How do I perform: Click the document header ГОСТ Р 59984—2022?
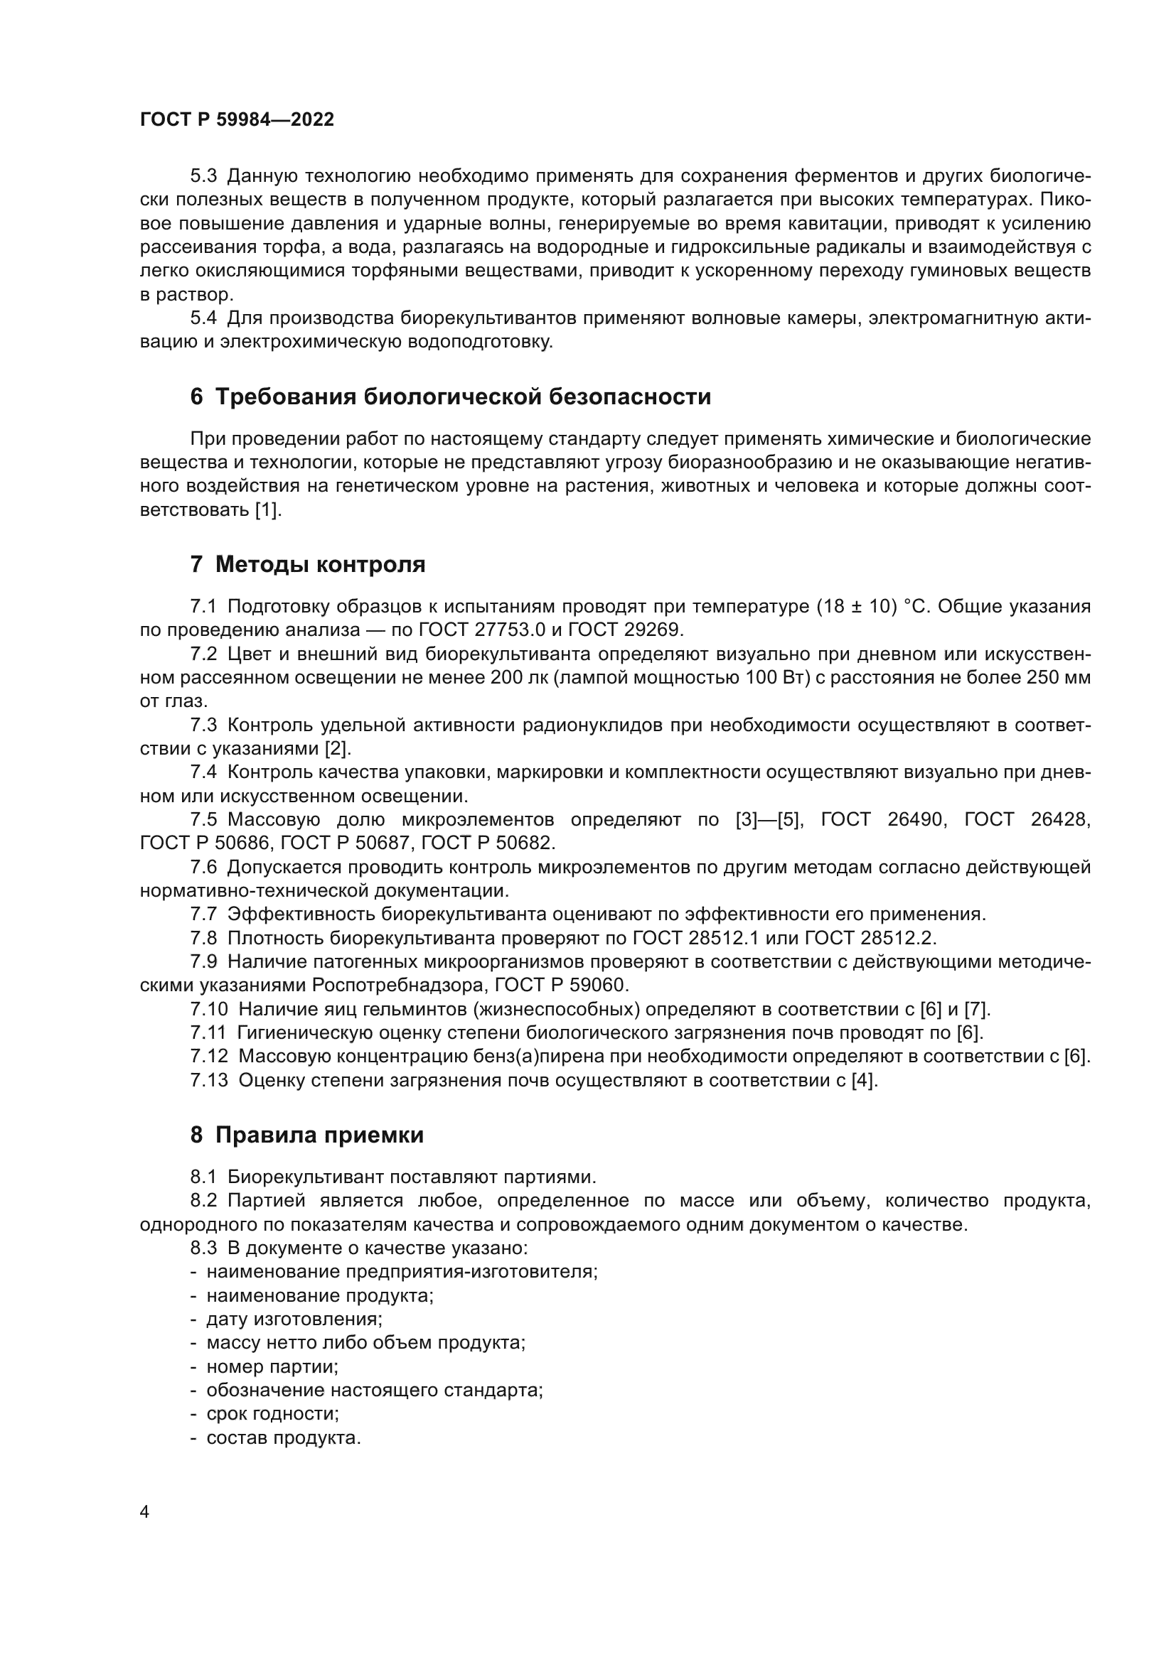(x=237, y=120)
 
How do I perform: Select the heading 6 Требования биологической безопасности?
(x=450, y=396)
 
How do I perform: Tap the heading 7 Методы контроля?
(x=308, y=565)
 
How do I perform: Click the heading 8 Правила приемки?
(x=307, y=1135)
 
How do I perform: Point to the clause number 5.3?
(x=203, y=176)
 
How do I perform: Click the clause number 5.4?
(x=203, y=318)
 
